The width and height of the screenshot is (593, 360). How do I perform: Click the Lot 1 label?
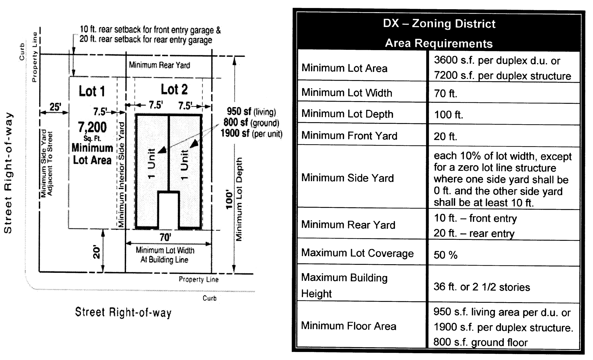[x=92, y=91]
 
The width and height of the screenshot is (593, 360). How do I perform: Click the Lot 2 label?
[x=174, y=89]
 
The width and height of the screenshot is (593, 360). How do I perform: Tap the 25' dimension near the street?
[x=55, y=107]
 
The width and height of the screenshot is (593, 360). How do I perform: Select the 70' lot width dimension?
[x=165, y=237]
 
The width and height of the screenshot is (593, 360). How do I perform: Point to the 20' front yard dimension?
[x=97, y=252]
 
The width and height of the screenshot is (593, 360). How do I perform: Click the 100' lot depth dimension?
[x=229, y=200]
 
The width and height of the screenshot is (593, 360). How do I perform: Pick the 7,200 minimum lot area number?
[x=92, y=127]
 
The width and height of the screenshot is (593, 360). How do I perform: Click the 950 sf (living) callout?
[x=251, y=111]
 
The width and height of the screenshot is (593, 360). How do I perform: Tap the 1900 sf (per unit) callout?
[x=251, y=133]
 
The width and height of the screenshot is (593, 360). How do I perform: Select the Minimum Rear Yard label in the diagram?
[x=160, y=65]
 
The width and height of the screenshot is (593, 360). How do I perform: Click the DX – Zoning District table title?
[x=439, y=24]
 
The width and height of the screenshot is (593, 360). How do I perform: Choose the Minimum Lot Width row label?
[x=347, y=93]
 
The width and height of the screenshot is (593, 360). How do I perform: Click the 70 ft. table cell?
[x=446, y=93]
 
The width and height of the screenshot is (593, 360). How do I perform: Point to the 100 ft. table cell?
[x=449, y=114]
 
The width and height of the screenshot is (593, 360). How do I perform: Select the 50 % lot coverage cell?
[x=446, y=255]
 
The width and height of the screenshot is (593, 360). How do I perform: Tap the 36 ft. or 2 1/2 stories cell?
[x=482, y=287]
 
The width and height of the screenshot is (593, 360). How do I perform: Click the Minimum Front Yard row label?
[x=349, y=136]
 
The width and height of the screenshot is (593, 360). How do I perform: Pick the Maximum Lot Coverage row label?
[x=357, y=253]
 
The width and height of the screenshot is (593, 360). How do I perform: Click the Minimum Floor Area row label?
[x=349, y=326]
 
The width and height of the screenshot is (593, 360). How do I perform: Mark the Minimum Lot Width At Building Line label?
[x=165, y=255]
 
